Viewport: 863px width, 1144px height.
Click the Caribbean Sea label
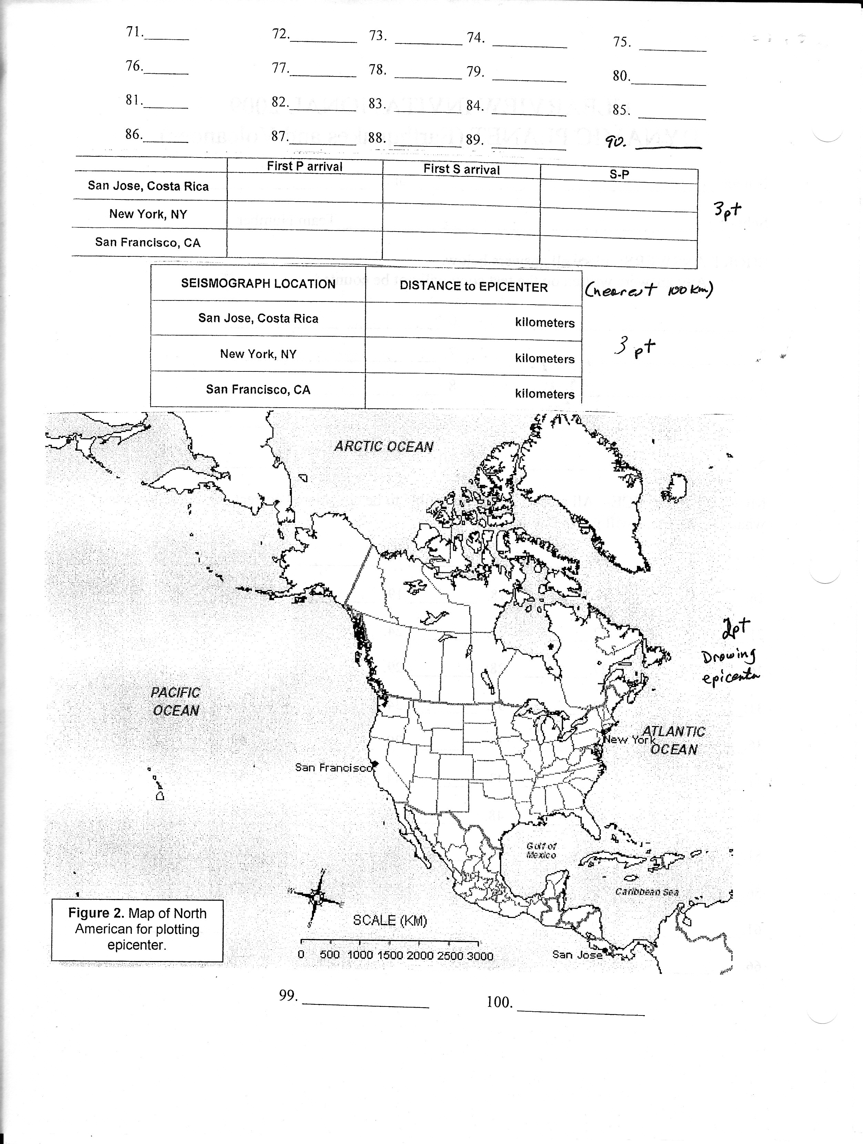(x=647, y=892)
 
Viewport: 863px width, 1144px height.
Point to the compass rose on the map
(x=316, y=897)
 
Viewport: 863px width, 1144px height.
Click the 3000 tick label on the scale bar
(x=480, y=956)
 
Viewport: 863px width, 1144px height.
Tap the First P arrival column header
(x=304, y=166)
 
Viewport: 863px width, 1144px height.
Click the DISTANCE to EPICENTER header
(x=474, y=287)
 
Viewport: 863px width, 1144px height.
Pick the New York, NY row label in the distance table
(x=258, y=354)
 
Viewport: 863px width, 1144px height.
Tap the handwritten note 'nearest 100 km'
(x=649, y=290)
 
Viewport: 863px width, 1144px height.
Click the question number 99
(x=288, y=995)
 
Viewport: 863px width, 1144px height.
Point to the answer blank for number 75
(x=673, y=47)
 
